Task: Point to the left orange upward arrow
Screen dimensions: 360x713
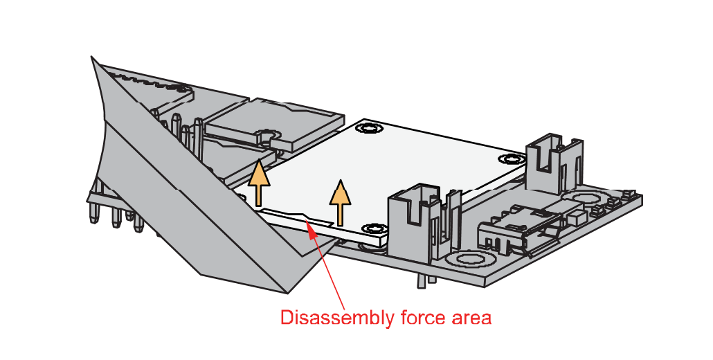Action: [x=260, y=183]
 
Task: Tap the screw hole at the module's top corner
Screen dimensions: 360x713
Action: [x=369, y=128]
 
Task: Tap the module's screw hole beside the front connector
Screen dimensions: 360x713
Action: [x=374, y=228]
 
